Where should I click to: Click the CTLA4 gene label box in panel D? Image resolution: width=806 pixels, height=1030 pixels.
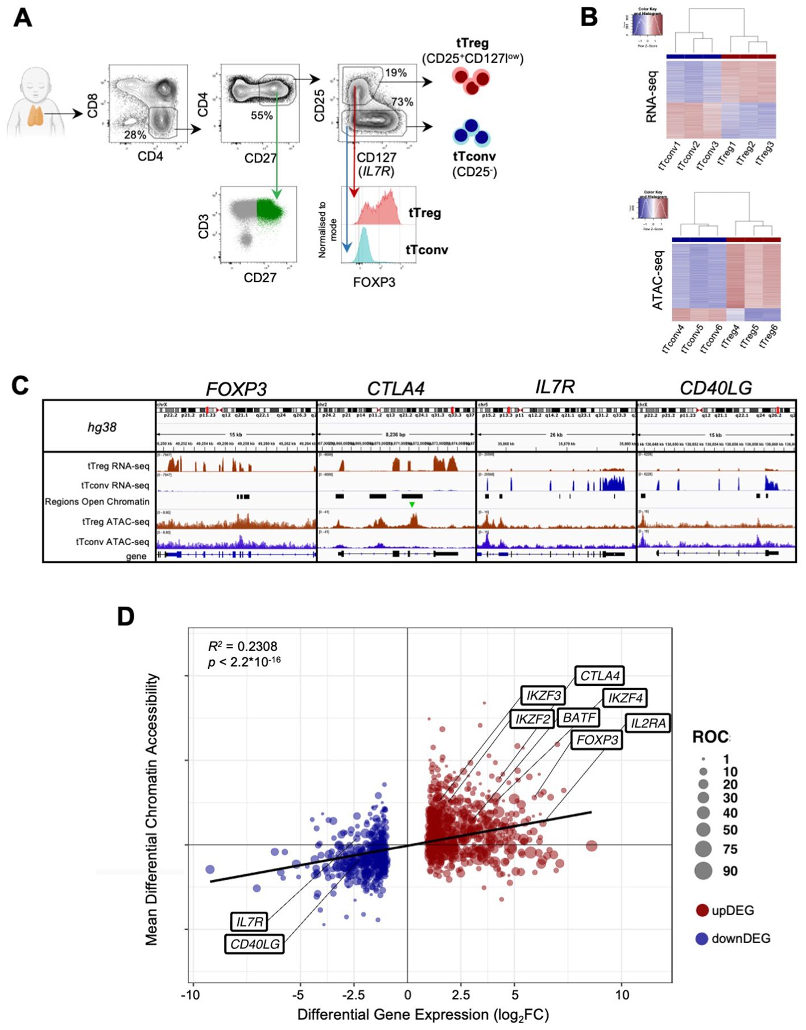pos(600,675)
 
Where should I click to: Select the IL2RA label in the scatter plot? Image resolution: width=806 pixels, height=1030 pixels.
pos(648,723)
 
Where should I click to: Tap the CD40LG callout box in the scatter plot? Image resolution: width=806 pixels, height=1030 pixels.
pos(254,944)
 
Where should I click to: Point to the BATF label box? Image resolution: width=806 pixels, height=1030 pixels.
pos(579,718)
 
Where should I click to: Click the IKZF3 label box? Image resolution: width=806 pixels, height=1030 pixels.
pos(543,695)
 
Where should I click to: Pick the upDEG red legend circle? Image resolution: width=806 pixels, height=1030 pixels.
pos(702,910)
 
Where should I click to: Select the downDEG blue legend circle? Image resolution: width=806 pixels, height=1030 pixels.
pos(702,938)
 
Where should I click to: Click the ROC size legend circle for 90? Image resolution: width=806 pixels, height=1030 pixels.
pos(703,871)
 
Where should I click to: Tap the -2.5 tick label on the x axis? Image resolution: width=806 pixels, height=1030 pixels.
pos(353,995)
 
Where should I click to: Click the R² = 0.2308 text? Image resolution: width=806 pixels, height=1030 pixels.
pos(243,646)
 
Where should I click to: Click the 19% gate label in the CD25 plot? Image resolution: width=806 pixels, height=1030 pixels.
pos(395,73)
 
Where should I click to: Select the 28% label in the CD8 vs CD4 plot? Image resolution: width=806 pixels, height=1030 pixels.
pos(135,135)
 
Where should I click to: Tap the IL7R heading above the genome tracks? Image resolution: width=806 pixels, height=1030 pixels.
pos(555,387)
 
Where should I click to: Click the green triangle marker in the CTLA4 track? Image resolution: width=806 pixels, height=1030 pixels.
pos(412,505)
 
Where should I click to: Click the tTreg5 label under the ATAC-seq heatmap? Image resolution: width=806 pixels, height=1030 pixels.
pos(750,339)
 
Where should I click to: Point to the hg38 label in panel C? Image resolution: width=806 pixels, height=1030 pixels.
pos(102,427)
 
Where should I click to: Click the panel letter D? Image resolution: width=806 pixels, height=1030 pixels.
pos(126,616)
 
